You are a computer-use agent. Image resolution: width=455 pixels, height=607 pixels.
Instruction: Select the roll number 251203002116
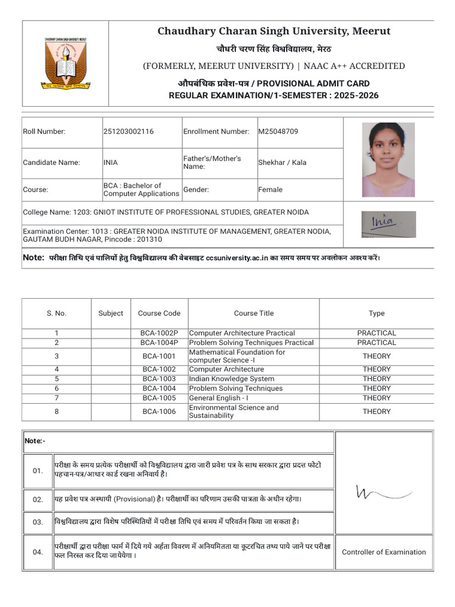pyautogui.click(x=129, y=132)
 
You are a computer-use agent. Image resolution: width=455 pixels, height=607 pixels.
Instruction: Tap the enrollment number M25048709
pyautogui.click(x=278, y=132)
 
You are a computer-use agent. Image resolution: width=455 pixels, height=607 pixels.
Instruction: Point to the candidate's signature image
pyautogui.click(x=388, y=224)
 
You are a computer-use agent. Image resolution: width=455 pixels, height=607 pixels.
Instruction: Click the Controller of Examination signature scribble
pyautogui.click(x=383, y=492)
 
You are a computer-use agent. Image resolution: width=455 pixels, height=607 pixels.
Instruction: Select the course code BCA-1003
pyautogui.click(x=159, y=379)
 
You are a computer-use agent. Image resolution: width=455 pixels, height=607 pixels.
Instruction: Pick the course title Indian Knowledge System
pyautogui.click(x=231, y=379)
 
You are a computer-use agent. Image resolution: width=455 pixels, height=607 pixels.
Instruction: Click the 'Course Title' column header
pyautogui.click(x=254, y=314)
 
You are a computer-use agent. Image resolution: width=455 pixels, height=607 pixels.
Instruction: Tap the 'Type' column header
pyautogui.click(x=376, y=314)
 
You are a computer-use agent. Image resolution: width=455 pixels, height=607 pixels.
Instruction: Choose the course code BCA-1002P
pyautogui.click(x=159, y=333)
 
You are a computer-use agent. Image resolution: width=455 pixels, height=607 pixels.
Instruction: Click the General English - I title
pyautogui.click(x=219, y=398)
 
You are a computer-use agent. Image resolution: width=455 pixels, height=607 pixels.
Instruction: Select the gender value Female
pyautogui.click(x=270, y=190)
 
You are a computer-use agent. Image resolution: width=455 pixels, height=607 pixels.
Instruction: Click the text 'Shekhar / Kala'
pyautogui.click(x=282, y=162)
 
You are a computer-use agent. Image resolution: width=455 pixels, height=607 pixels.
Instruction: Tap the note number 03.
pyautogui.click(x=38, y=522)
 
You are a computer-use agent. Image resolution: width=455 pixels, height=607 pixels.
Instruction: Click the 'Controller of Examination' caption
pyautogui.click(x=383, y=552)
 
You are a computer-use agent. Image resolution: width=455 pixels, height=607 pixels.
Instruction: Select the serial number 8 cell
pyautogui.click(x=56, y=411)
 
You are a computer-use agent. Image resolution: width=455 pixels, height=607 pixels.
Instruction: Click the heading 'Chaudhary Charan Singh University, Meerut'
pyautogui.click(x=274, y=31)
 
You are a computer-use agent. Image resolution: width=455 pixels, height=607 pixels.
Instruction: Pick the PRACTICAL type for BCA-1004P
pyautogui.click(x=376, y=343)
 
